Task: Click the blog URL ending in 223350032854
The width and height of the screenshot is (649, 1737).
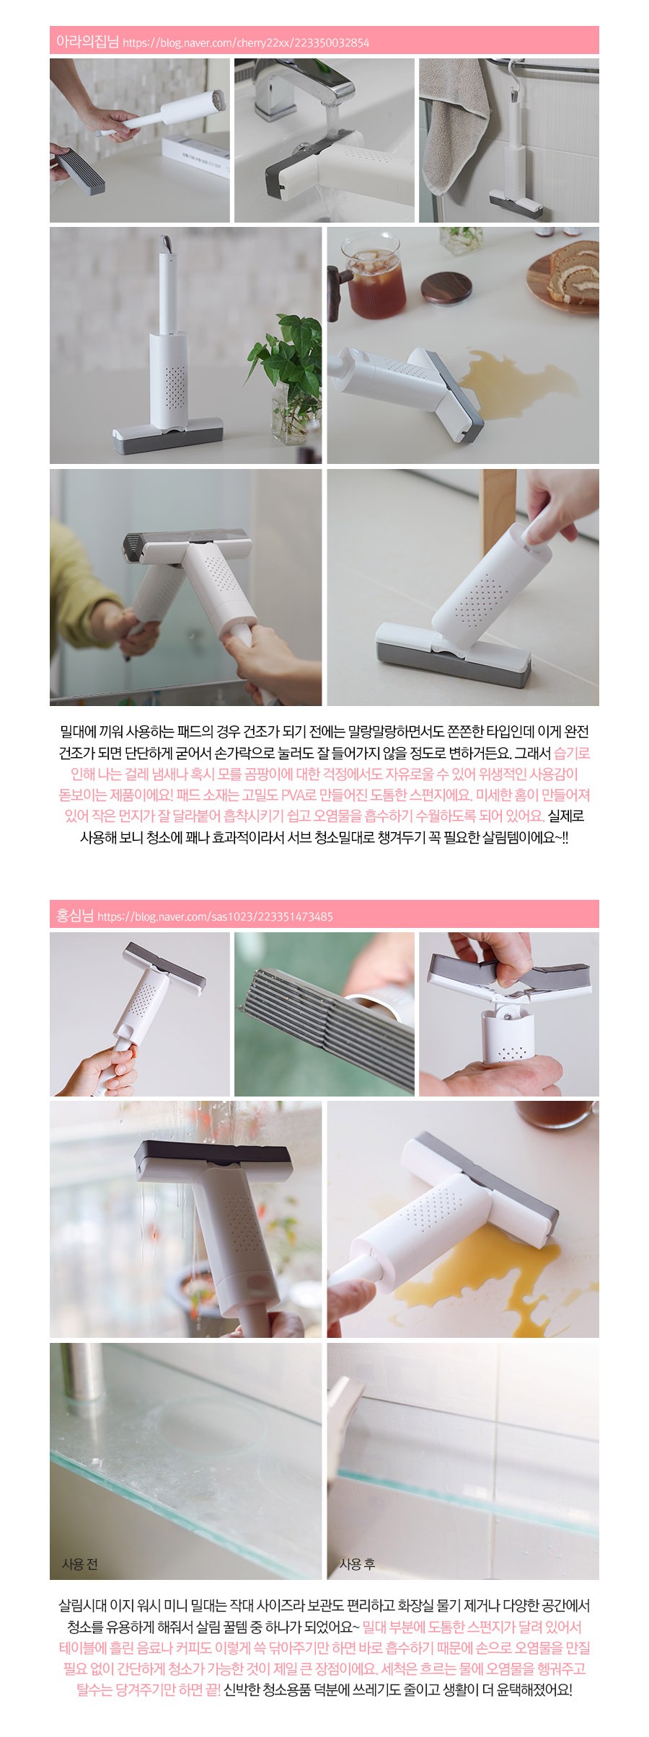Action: pos(246,43)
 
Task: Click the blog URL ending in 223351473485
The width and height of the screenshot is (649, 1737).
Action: pos(215,917)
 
